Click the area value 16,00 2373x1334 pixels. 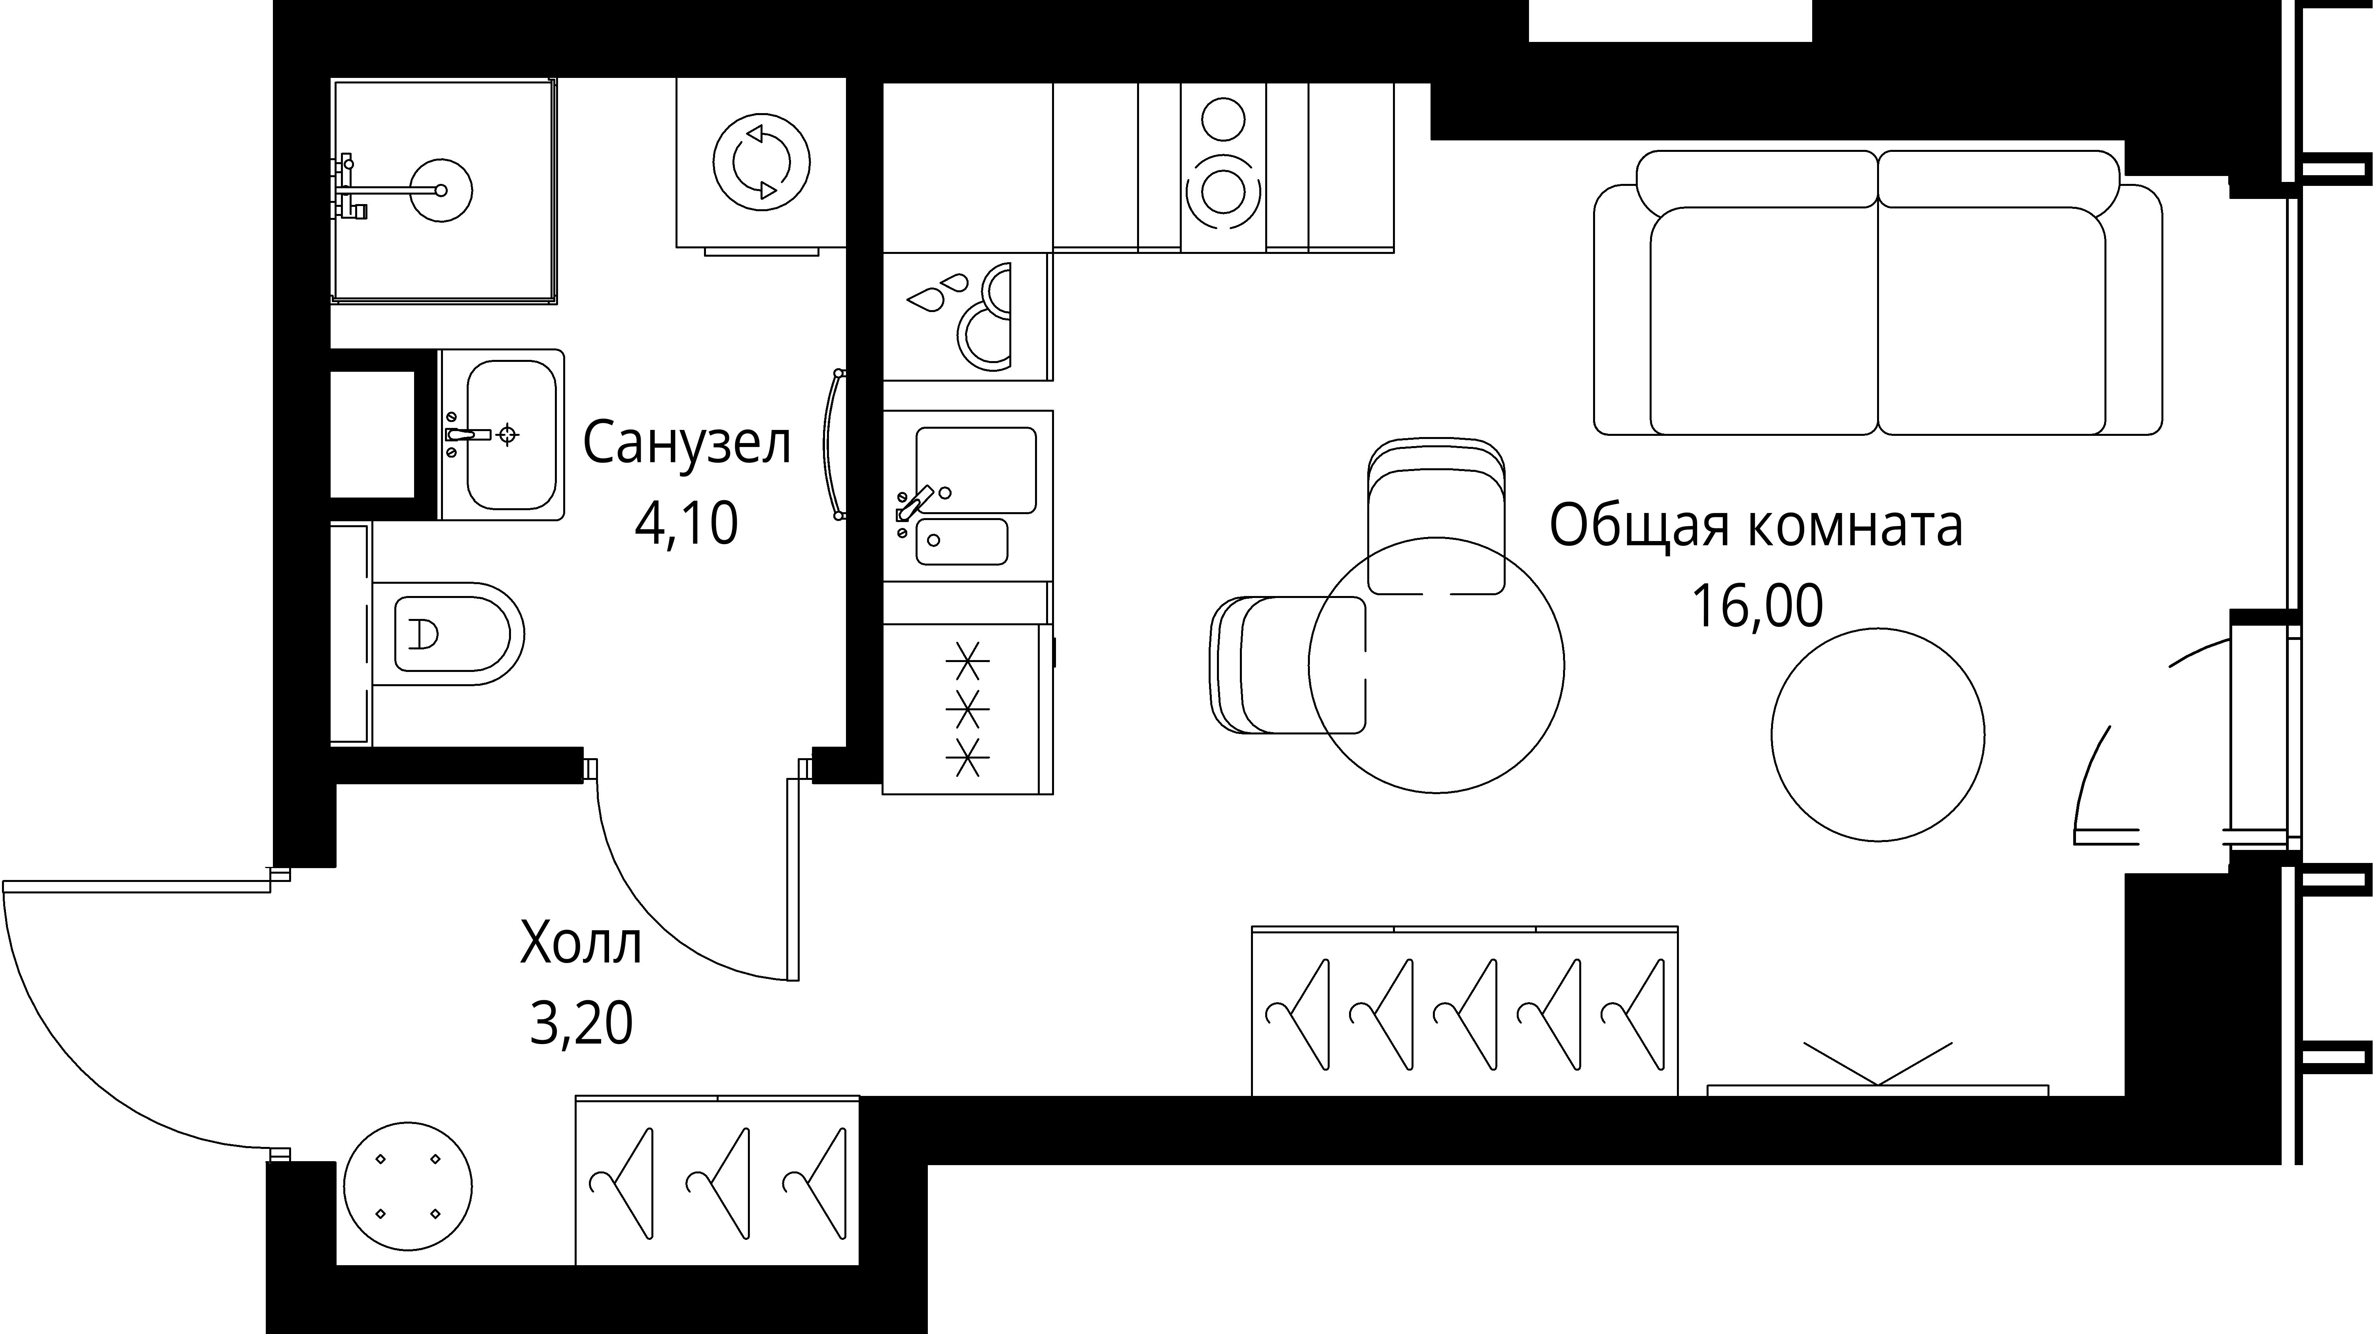click(x=1756, y=606)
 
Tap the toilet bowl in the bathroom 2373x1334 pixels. click(x=451, y=634)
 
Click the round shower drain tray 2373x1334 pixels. click(x=440, y=191)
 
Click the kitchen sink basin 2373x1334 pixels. click(x=975, y=470)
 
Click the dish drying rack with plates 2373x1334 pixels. click(x=967, y=316)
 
